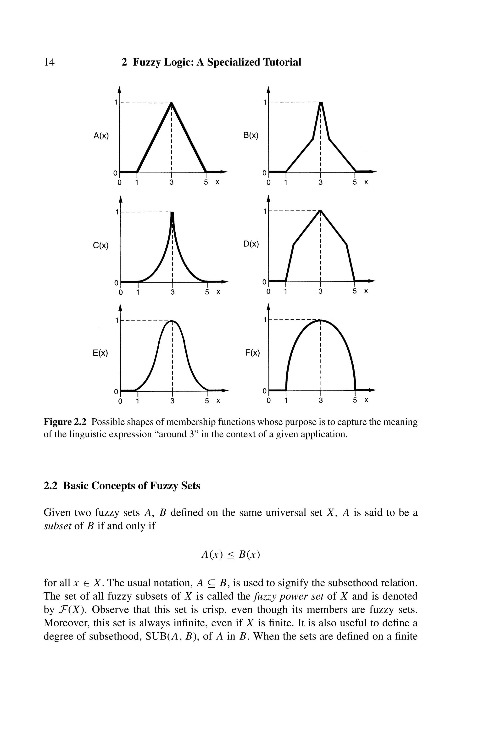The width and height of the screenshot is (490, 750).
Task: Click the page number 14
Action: (49, 62)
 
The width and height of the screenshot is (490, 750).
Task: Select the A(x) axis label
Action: (101, 136)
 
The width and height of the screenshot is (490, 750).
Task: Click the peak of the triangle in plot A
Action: (171, 103)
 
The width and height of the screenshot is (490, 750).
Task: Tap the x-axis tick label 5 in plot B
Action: (355, 182)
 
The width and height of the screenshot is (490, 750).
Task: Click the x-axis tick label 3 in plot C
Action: (172, 292)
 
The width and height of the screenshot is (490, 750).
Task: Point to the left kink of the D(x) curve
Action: (294, 244)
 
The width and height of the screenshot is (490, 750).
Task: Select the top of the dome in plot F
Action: (320, 321)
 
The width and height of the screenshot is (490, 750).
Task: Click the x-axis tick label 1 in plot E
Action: (137, 401)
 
